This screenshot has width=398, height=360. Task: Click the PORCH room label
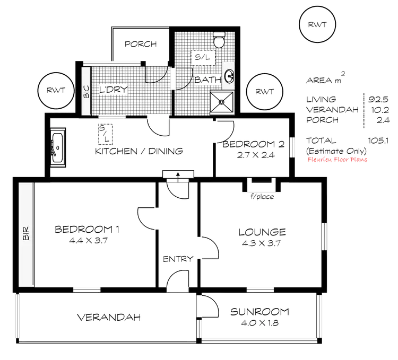(x=142, y=45)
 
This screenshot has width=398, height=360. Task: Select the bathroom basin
(x=230, y=75)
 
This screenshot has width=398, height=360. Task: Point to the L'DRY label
(x=113, y=90)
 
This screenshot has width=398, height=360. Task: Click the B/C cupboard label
(x=87, y=90)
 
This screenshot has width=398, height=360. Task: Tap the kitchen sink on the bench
(x=57, y=146)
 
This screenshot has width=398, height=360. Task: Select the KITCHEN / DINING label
(x=139, y=151)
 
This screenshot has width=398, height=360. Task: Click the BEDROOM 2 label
(x=254, y=144)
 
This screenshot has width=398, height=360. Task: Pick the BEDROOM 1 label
(x=86, y=229)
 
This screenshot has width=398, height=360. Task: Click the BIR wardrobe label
(x=25, y=234)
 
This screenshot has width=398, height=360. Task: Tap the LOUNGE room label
(x=263, y=232)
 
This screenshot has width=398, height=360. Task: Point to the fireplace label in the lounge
(x=262, y=196)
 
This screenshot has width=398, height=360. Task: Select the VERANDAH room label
(x=109, y=318)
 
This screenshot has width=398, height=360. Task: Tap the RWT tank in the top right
(x=317, y=25)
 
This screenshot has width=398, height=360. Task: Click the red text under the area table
(x=338, y=159)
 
